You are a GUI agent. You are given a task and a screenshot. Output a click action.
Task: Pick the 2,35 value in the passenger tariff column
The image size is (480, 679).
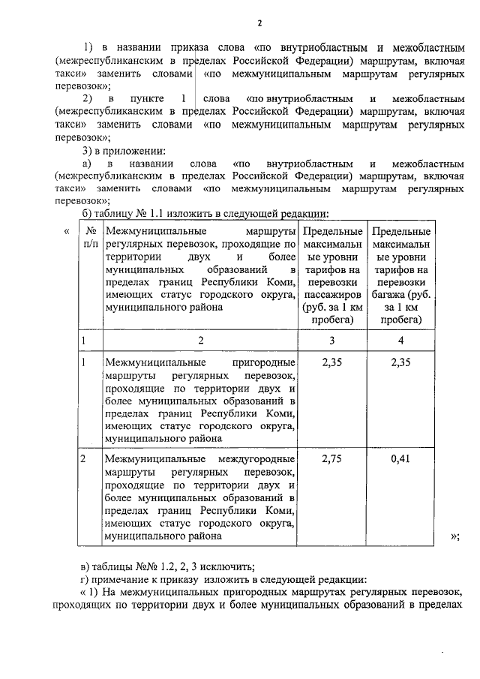pos(331,362)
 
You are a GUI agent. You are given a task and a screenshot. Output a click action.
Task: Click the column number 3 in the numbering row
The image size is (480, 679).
pos(331,340)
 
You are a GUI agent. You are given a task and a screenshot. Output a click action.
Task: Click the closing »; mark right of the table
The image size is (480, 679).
pos(455,536)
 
